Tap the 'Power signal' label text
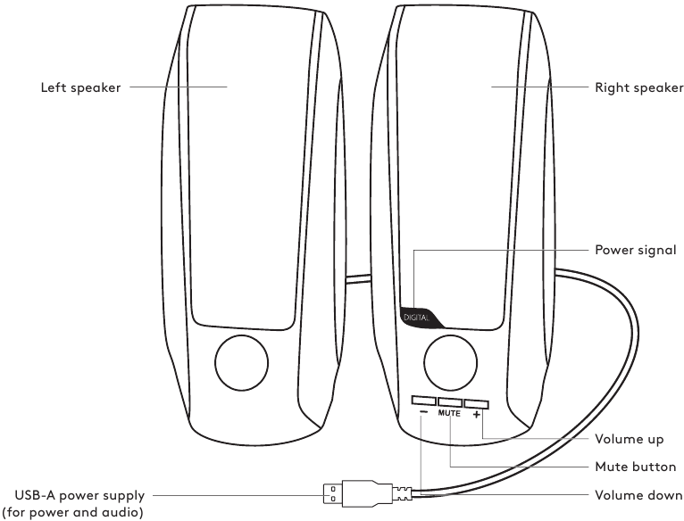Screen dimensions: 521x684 (x=637, y=250)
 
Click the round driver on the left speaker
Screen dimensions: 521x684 (x=242, y=361)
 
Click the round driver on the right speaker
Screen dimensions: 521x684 (x=449, y=362)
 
